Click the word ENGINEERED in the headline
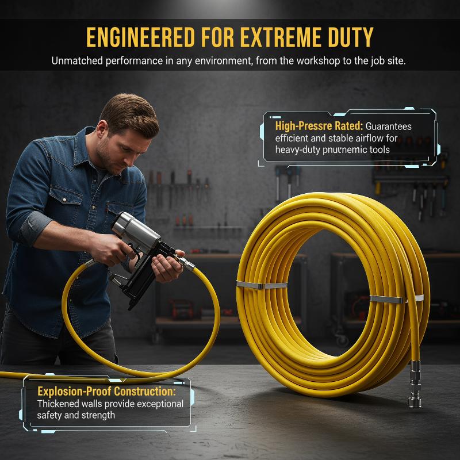pyautogui.click(x=140, y=37)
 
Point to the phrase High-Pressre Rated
pyautogui.click(x=319, y=126)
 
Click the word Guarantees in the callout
pyautogui.click(x=389, y=126)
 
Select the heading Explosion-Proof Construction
pyautogui.click(x=107, y=391)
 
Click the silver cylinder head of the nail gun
pyautogui.click(x=136, y=232)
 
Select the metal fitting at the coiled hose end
pyautogui.click(x=415, y=384)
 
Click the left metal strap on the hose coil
pyautogui.click(x=262, y=285)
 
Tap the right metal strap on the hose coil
pyautogui.click(x=397, y=298)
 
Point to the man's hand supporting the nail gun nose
pyautogui.click(x=167, y=266)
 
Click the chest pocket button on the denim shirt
pyautogui.click(x=64, y=200)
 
